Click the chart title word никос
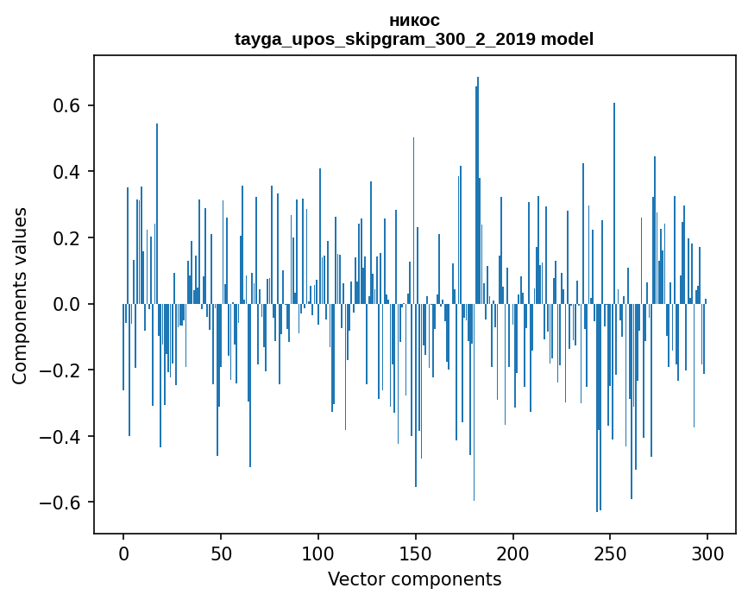point(414,21)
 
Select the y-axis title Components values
point(20,295)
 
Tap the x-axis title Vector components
point(414,579)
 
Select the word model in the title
point(567,39)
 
